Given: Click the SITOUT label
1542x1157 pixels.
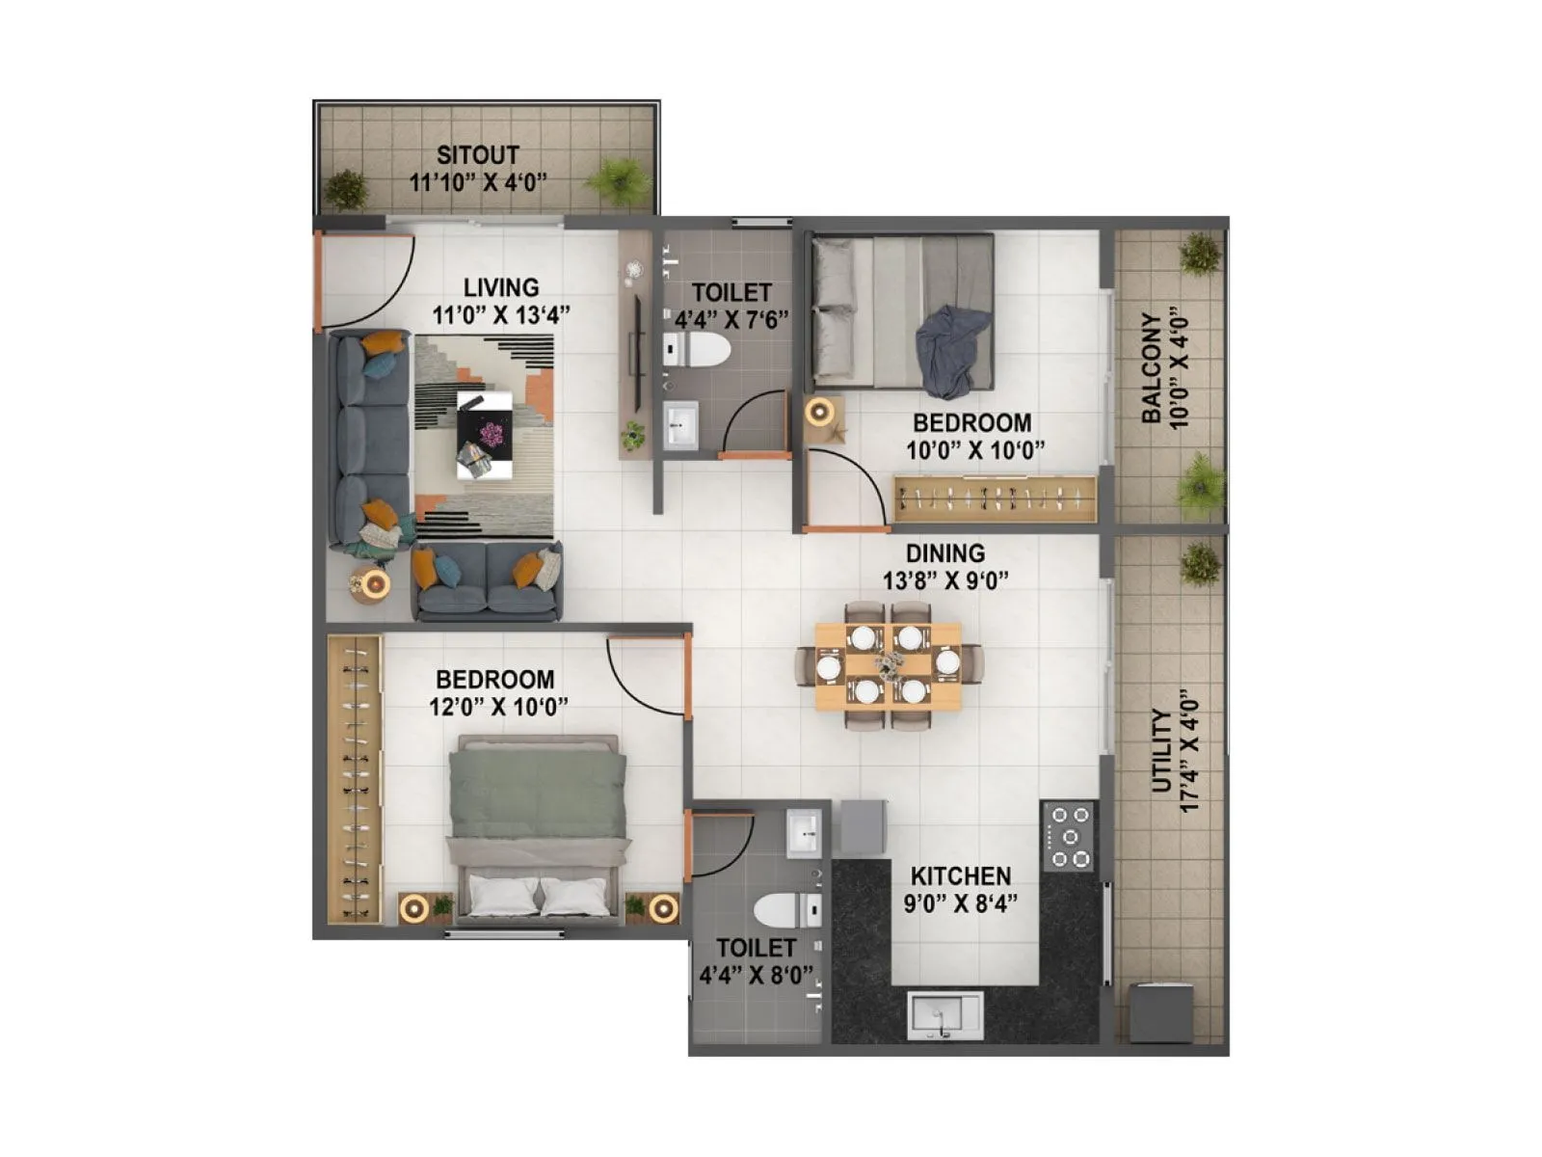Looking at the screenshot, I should (478, 154).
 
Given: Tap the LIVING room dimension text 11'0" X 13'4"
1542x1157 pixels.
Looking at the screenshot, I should (501, 314).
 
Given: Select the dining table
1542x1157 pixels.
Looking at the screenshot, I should (888, 665).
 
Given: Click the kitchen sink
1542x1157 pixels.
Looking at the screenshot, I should (944, 1015).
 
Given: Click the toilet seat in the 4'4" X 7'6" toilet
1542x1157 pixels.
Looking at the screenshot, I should (699, 350).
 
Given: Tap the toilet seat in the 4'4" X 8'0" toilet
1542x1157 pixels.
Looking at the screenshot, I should (785, 910).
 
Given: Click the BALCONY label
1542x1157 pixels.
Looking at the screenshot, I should (1151, 368).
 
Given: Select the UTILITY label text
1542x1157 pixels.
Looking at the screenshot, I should (1162, 752).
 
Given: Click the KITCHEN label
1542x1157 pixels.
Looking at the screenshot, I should (961, 876).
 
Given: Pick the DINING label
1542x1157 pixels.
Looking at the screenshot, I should (945, 553).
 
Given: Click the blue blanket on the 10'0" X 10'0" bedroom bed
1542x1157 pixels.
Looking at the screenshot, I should (952, 350).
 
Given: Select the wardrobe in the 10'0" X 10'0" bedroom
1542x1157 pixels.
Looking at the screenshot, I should (995, 499).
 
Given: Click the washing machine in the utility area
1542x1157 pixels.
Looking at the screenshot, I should (1160, 1011).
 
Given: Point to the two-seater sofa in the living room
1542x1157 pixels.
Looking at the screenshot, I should (488, 580).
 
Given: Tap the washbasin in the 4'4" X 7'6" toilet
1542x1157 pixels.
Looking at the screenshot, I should (682, 424).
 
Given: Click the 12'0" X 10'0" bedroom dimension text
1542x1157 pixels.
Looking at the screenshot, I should (498, 707).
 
